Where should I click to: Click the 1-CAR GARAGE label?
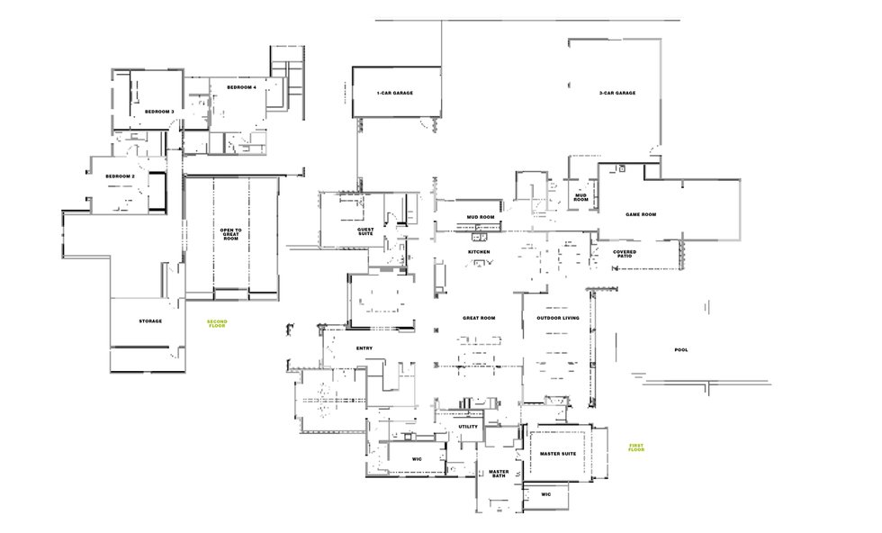tap(395, 93)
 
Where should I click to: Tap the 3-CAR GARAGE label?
tap(617, 93)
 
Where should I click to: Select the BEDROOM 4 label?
tap(242, 87)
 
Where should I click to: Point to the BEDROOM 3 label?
tap(159, 112)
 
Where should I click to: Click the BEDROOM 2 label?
tap(121, 176)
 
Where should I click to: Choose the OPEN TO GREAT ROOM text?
tap(230, 234)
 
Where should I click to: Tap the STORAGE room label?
tap(150, 321)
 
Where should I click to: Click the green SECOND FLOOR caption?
tap(217, 323)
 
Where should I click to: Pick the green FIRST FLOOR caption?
tap(636, 447)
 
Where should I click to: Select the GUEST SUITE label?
tap(365, 231)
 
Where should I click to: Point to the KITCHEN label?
tap(479, 251)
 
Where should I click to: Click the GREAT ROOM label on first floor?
tap(479, 318)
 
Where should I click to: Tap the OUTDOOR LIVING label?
tap(557, 318)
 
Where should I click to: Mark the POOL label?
tap(681, 350)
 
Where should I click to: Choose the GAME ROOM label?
tap(641, 214)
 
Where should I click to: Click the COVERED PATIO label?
tap(625, 254)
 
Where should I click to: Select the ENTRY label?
tap(364, 348)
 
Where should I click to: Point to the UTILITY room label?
tap(468, 427)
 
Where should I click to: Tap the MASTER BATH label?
tap(499, 474)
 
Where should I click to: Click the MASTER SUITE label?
tap(558, 454)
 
